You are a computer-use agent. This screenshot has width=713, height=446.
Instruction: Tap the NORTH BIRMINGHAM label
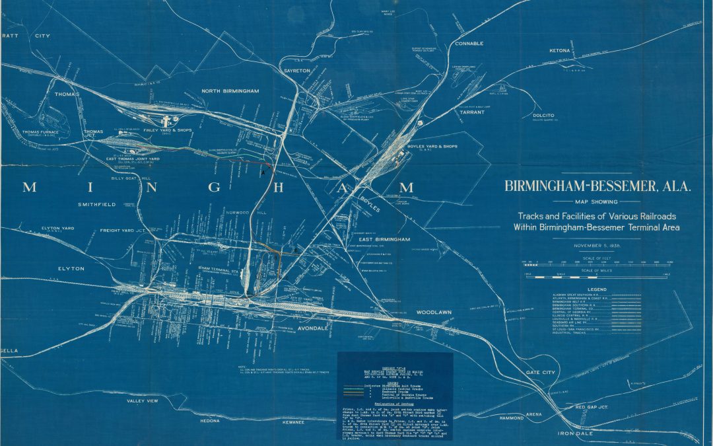tap(230, 91)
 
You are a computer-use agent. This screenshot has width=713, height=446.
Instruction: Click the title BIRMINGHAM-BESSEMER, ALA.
tap(597, 186)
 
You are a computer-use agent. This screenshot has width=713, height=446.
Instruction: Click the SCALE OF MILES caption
tap(597, 271)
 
